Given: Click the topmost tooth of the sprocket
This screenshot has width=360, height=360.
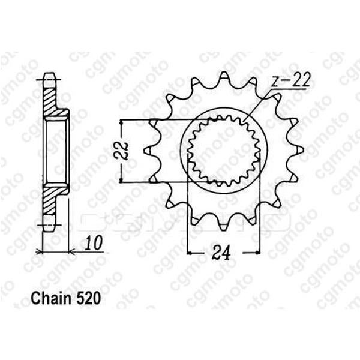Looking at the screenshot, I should [223, 77].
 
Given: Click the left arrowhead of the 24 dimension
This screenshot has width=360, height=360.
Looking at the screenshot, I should [191, 252].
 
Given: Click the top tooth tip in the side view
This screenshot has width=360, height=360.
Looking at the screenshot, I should [52, 77].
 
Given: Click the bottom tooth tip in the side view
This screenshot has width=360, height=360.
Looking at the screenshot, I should [52, 224].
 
